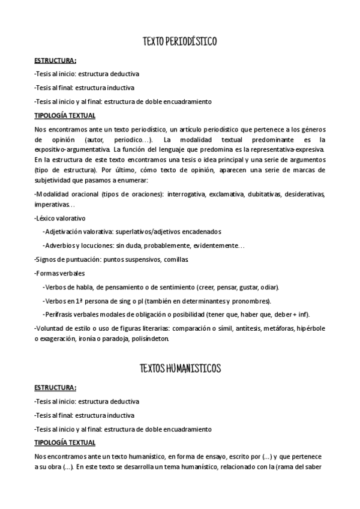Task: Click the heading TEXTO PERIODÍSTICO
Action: pos(179,41)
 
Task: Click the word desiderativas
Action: pos(305,194)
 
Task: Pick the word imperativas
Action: pos(52,205)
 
